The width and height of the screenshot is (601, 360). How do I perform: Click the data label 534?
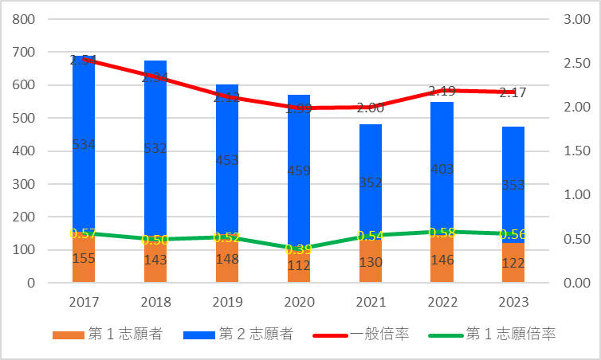click(x=84, y=144)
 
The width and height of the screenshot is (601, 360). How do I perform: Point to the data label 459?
click(x=299, y=170)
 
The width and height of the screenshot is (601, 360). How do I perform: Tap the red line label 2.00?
click(x=371, y=108)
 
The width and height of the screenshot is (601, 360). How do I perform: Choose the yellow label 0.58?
click(x=442, y=232)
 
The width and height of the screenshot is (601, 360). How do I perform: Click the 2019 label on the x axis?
click(x=227, y=303)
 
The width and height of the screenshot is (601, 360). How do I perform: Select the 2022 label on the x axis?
click(x=442, y=303)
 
